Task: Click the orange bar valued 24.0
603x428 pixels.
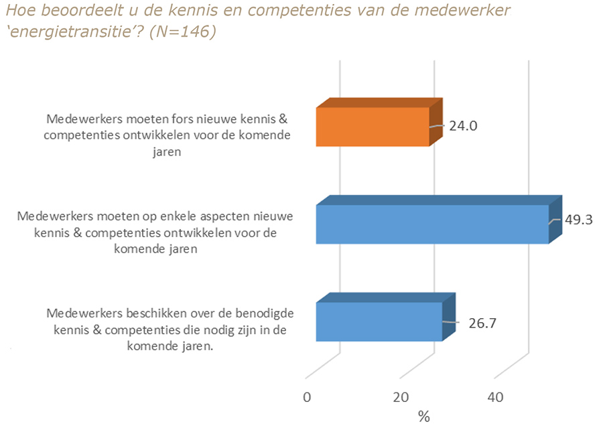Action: click(x=372, y=127)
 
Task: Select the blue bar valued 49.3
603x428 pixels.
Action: click(x=432, y=224)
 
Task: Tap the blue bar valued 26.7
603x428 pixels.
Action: click(x=379, y=322)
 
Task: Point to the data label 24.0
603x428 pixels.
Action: click(x=462, y=125)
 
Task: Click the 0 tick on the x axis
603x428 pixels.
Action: click(x=308, y=397)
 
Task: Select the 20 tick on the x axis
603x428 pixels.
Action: click(x=401, y=397)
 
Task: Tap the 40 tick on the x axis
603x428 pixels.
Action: click(x=495, y=397)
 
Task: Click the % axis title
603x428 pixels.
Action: click(x=423, y=417)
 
